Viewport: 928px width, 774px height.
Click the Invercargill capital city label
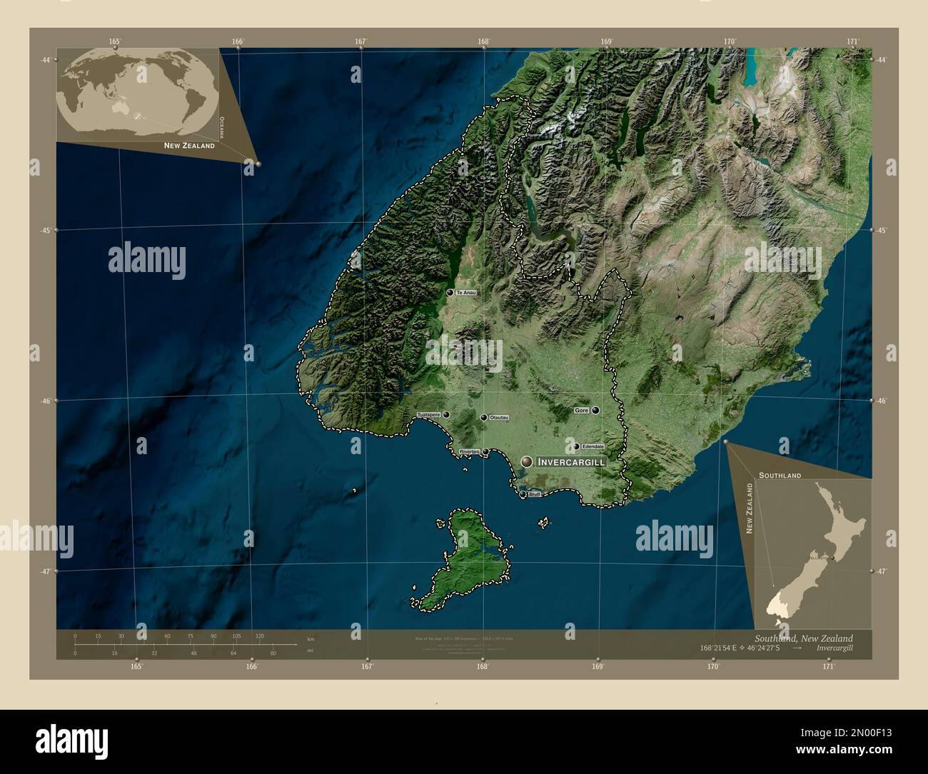(571, 463)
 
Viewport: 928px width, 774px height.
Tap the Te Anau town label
(465, 293)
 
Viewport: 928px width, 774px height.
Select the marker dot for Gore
(595, 411)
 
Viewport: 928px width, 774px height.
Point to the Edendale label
(593, 447)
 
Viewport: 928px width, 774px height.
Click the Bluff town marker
(523, 494)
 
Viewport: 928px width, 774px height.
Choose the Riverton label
(470, 452)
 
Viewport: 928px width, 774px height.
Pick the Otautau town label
(499, 418)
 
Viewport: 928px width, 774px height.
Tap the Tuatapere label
(429, 415)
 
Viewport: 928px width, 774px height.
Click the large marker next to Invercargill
(527, 463)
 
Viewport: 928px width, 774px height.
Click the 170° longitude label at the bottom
(713, 667)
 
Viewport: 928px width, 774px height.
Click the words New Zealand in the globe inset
(189, 146)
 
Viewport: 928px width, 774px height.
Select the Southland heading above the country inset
(780, 475)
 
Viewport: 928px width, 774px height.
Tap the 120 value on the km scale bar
(259, 635)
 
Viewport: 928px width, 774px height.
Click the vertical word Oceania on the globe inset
(222, 127)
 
